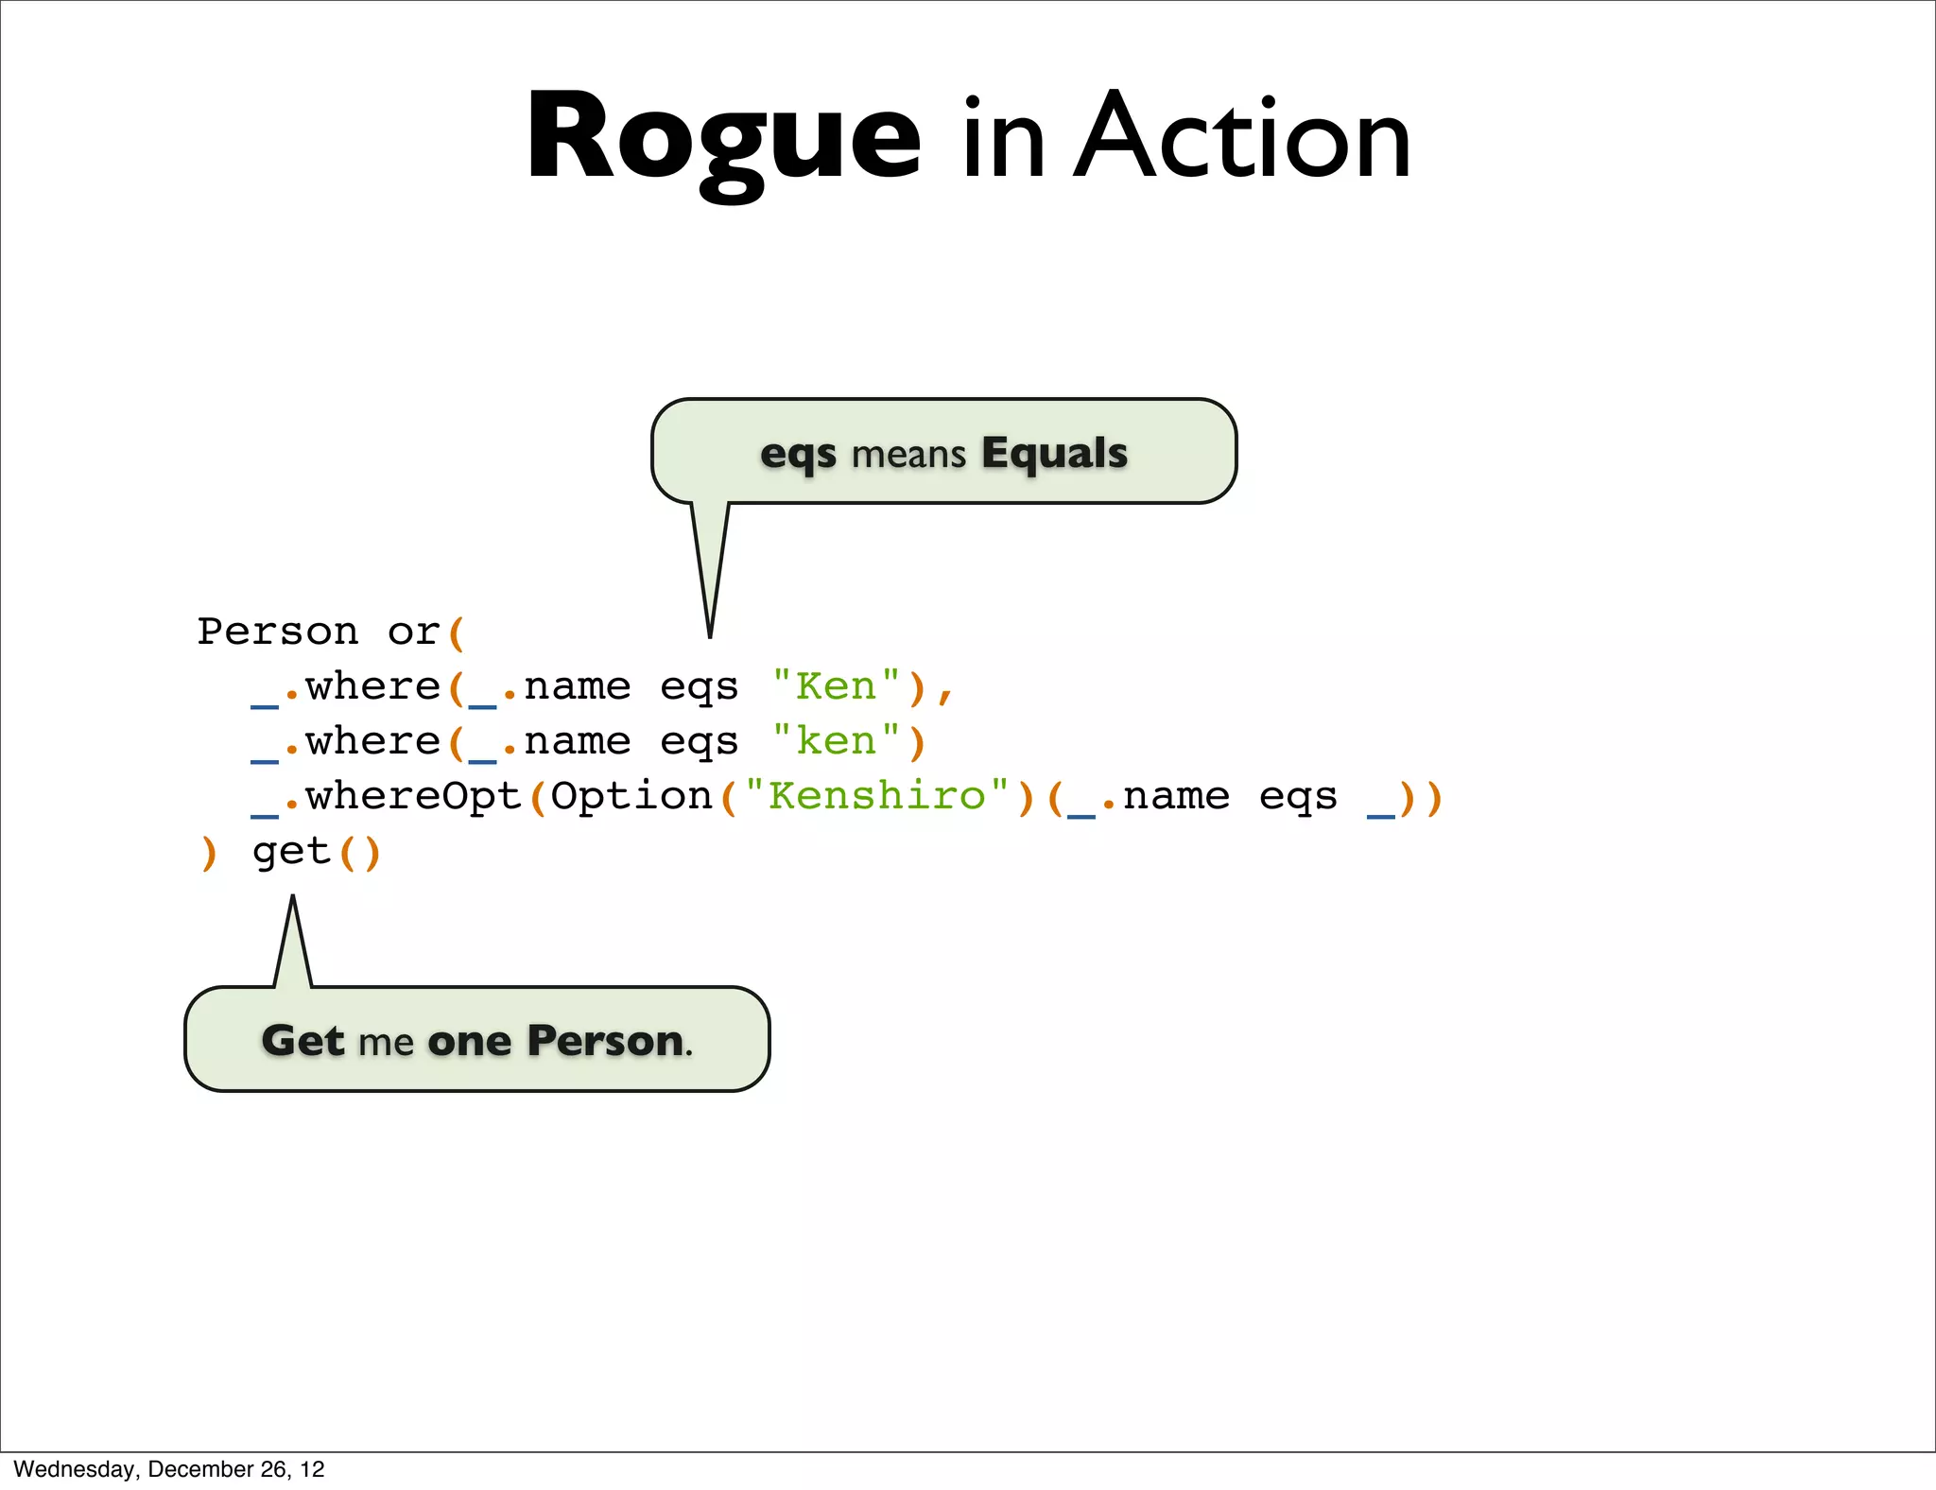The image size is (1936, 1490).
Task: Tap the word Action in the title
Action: [x=1242, y=140]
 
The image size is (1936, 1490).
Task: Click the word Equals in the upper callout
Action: [x=1054, y=453]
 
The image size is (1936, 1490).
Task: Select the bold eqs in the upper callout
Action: [x=798, y=454]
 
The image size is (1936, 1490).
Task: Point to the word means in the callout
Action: [x=908, y=455]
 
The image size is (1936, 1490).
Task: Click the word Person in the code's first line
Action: [x=278, y=632]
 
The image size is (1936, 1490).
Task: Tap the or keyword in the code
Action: [x=413, y=632]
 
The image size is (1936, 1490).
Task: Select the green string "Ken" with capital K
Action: [x=836, y=686]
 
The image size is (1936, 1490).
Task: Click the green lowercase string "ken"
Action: [x=836, y=741]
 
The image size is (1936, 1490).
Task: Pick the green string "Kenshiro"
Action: [x=876, y=796]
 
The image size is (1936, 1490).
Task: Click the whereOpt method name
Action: [x=413, y=796]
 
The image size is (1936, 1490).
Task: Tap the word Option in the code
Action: [x=631, y=796]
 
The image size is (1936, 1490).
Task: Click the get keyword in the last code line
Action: [x=291, y=851]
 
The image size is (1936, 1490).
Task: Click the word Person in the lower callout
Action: [x=606, y=1040]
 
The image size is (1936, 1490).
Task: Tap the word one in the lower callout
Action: [x=470, y=1041]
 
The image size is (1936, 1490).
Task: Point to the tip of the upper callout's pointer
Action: [x=710, y=635]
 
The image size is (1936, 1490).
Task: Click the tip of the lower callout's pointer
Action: [x=293, y=897]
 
